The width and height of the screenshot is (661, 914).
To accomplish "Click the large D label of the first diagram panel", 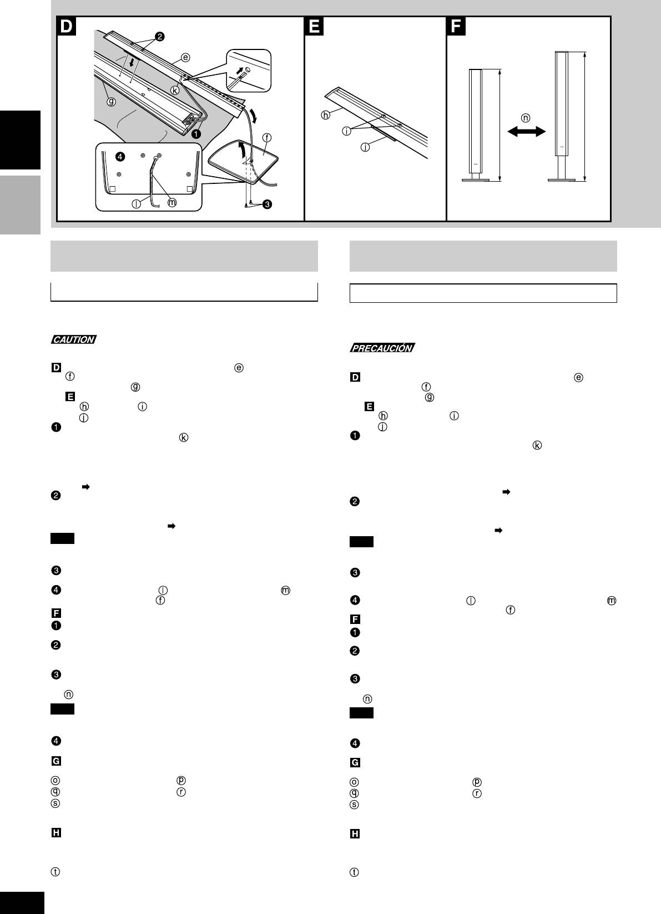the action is pyautogui.click(x=66, y=27).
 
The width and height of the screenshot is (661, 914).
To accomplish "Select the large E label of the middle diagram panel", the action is pyautogui.click(x=314, y=27).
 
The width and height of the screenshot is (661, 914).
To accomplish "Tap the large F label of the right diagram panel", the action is pyautogui.click(x=456, y=27).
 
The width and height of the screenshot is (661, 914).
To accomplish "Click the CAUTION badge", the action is pyautogui.click(x=74, y=339).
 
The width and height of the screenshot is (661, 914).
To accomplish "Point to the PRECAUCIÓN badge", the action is pyautogui.click(x=382, y=348).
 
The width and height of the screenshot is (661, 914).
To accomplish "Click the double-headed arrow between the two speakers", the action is pyautogui.click(x=526, y=131).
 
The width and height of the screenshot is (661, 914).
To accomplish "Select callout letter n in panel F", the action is pyautogui.click(x=526, y=118).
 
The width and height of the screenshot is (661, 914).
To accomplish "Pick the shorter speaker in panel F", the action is pyautogui.click(x=476, y=125).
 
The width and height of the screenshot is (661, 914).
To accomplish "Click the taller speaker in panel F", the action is pyautogui.click(x=562, y=116).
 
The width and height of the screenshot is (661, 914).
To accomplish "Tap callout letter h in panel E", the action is pyautogui.click(x=325, y=116).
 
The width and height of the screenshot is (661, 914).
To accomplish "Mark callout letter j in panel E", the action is pyautogui.click(x=365, y=147).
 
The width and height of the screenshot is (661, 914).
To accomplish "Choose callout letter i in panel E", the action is pyautogui.click(x=346, y=131).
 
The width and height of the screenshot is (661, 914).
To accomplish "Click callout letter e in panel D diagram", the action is pyautogui.click(x=185, y=58).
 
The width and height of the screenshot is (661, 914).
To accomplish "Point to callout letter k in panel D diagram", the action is pyautogui.click(x=175, y=91).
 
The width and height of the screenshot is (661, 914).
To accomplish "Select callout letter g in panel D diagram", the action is pyautogui.click(x=111, y=102).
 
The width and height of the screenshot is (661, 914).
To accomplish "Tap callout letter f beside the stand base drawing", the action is pyautogui.click(x=267, y=138).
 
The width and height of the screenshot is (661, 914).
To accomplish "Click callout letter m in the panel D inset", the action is pyautogui.click(x=173, y=203).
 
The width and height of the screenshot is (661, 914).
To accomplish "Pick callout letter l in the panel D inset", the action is pyautogui.click(x=136, y=203).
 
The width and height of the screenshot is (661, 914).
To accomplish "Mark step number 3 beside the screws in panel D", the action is pyautogui.click(x=268, y=204).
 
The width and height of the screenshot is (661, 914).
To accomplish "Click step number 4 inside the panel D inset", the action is pyautogui.click(x=120, y=157).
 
